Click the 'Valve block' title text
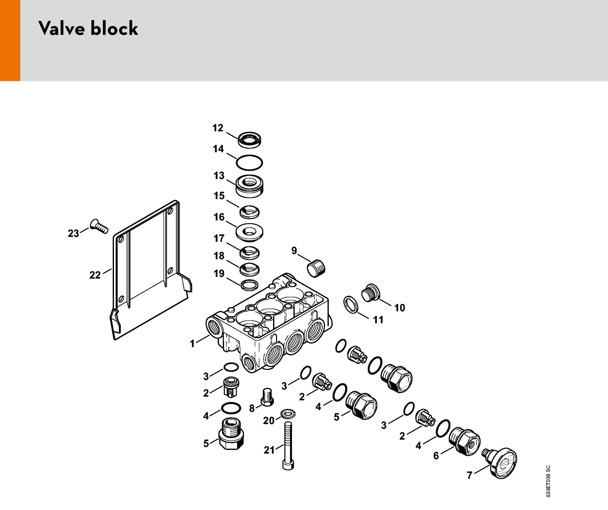(88, 29)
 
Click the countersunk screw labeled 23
(99, 226)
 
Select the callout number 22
(95, 275)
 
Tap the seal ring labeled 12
(250, 140)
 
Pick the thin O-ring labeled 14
(249, 163)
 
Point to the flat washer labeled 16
(250, 232)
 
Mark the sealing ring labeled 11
(351, 304)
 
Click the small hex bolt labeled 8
(267, 397)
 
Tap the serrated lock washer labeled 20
(288, 414)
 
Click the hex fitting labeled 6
(465, 441)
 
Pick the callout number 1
(192, 343)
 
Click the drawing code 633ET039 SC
(548, 481)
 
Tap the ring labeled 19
(250, 285)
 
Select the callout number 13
(219, 175)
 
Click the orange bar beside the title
(10, 40)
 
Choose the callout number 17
(219, 238)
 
